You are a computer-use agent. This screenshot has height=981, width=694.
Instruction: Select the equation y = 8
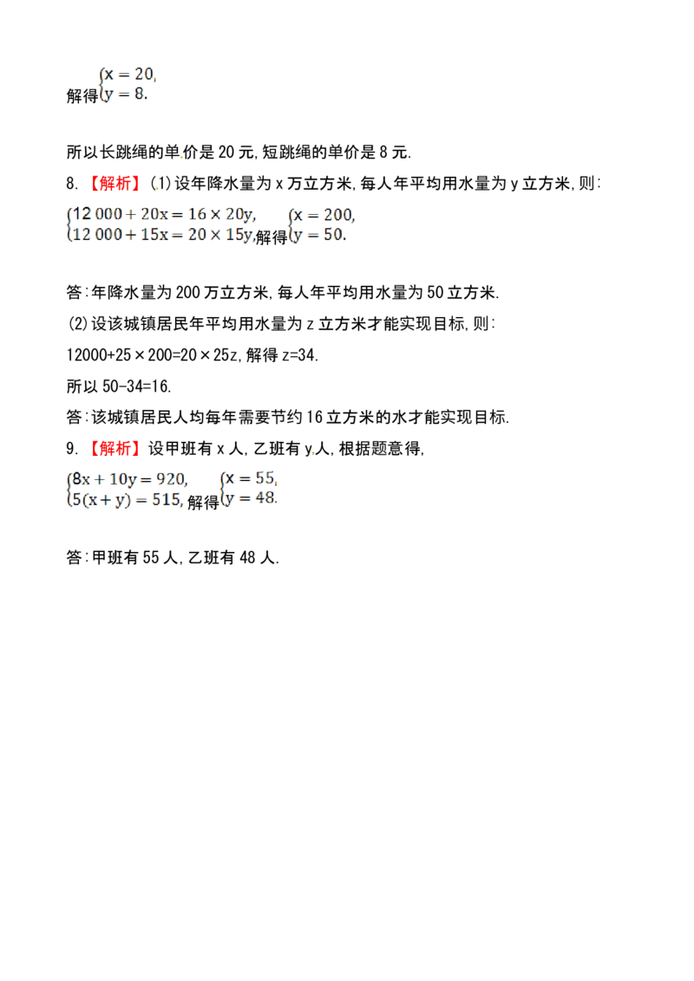(125, 94)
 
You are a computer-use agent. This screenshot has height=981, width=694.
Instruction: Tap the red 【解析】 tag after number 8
(112, 184)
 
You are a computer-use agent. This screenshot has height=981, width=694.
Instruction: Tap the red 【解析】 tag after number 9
(112, 448)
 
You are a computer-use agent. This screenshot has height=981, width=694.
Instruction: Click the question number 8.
(72, 184)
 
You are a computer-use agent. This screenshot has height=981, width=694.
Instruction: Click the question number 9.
(72, 448)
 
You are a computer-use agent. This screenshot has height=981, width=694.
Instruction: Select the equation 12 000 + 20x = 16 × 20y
(163, 215)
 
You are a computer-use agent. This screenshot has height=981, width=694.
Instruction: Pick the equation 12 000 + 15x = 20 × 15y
(163, 235)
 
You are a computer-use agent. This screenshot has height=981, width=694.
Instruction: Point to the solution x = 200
(324, 215)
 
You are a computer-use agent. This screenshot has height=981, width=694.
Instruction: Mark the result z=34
(300, 355)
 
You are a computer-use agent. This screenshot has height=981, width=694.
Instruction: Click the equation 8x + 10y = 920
(129, 479)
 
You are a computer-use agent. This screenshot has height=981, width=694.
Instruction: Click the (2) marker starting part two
(77, 324)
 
